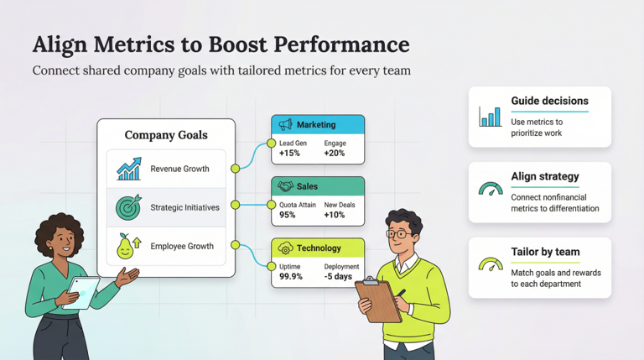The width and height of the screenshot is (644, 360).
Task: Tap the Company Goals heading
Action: point(166,135)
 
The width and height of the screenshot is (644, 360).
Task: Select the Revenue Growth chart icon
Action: point(129,169)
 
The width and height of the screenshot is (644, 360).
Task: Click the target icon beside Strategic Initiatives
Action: point(129,207)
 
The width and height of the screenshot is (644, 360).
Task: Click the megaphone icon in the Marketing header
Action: point(285,125)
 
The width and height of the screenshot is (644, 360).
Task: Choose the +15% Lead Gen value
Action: point(290,154)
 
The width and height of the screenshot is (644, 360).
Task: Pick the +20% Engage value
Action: point(335,154)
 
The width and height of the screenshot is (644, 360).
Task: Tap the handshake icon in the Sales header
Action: point(285,186)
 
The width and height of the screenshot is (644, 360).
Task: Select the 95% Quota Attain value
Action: point(287,215)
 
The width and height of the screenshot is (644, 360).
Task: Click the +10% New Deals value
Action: point(335,215)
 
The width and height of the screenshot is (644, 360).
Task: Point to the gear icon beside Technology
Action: point(285,248)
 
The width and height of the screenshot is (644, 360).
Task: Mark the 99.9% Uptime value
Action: point(290,277)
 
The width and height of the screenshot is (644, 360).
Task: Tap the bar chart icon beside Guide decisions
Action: point(491,116)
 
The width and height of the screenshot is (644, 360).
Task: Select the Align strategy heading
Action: point(545,177)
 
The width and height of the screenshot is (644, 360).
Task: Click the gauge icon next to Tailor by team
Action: point(491,265)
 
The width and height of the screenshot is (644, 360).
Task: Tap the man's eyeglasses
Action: point(402,233)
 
